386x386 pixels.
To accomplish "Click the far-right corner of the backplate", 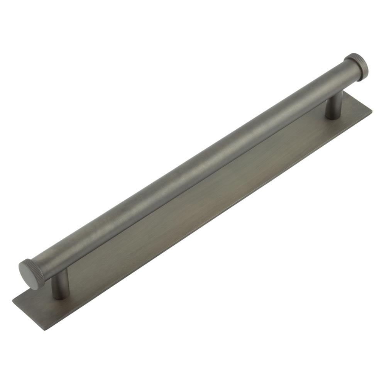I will point(372,110).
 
